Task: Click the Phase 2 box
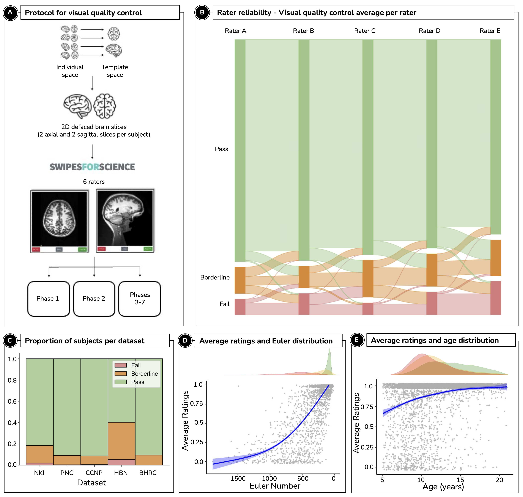tap(94, 299)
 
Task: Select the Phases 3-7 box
tap(139, 299)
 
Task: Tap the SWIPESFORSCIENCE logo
tap(92, 167)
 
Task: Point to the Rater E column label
tap(490, 31)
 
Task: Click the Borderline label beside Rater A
tap(215, 277)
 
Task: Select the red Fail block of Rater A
tap(240, 307)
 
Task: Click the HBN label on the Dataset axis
tap(121, 473)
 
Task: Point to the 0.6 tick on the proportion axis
tap(12, 401)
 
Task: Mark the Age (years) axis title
tap(443, 487)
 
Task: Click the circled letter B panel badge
tap(202, 13)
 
